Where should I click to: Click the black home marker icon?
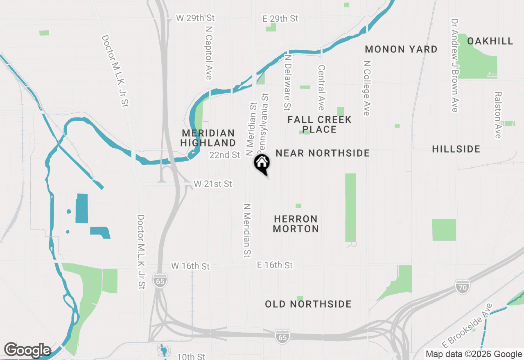click(x=262, y=164)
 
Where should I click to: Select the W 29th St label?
click(x=195, y=18)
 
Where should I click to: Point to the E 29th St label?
click(x=280, y=18)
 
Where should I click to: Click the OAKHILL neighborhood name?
click(x=490, y=41)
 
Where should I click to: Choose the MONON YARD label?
click(x=401, y=49)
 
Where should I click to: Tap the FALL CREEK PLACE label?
click(x=319, y=124)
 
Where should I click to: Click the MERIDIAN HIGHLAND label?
click(x=208, y=138)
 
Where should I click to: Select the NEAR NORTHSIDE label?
click(x=323, y=153)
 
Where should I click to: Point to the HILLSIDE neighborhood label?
click(x=456, y=149)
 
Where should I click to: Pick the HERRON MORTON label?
click(x=296, y=224)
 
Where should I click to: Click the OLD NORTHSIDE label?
click(x=308, y=304)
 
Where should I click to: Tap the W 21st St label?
click(x=213, y=184)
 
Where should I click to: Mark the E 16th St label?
click(x=275, y=265)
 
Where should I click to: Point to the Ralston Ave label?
click(x=498, y=115)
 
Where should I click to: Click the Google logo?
click(x=27, y=350)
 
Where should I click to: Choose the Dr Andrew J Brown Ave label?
click(x=454, y=65)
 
